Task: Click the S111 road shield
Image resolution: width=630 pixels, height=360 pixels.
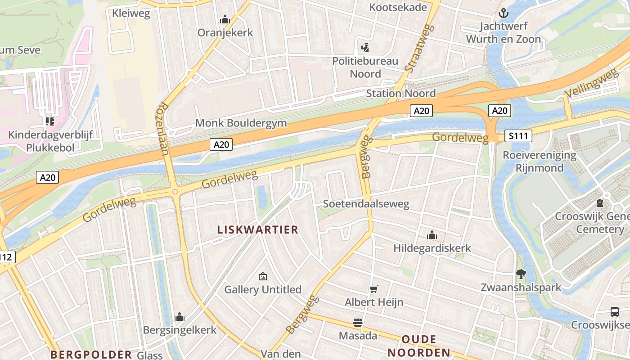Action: tap(518, 136)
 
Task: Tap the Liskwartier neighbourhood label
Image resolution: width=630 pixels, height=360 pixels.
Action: tap(258, 229)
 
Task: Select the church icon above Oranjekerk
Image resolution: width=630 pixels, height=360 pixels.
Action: tap(225, 20)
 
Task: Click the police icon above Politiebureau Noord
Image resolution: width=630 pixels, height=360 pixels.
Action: tap(365, 47)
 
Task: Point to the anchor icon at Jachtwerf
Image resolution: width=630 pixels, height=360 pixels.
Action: tap(503, 13)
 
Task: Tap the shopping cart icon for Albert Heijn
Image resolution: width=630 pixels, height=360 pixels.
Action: tap(373, 289)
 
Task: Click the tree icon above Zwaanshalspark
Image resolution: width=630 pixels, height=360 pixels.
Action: tap(521, 274)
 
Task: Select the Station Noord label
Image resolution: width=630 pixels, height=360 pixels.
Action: tap(400, 93)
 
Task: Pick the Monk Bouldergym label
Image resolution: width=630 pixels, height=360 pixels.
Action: tap(241, 123)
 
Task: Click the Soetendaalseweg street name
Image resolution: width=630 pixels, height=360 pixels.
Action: tap(366, 204)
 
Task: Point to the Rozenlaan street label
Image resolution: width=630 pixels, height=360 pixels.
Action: tap(162, 129)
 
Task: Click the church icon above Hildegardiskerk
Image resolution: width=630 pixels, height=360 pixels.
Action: tap(432, 235)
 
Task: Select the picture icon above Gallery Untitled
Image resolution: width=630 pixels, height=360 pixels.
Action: tap(263, 276)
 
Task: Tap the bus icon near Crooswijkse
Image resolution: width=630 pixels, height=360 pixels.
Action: tap(614, 311)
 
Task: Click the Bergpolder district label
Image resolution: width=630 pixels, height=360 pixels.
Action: tap(91, 354)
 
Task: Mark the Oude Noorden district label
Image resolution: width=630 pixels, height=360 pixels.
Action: tap(419, 346)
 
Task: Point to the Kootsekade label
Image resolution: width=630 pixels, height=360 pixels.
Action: tap(398, 7)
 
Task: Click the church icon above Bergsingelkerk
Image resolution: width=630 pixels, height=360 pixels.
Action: tap(180, 317)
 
